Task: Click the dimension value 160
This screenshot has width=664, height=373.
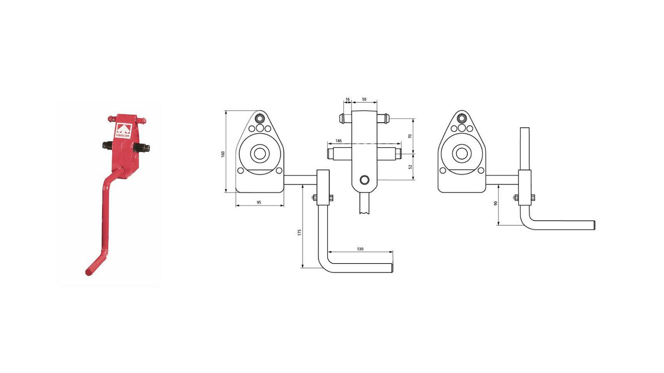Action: coord(223,154)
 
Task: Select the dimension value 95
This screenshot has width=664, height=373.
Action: coord(259,203)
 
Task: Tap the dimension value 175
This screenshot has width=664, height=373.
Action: coord(299,233)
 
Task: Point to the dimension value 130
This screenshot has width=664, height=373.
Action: coord(360,249)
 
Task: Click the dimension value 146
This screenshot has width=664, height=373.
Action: coord(338,140)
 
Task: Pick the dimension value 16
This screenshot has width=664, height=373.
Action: coord(348,99)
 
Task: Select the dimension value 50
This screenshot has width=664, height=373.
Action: coord(364,99)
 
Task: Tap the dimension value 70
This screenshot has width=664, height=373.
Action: coord(410,136)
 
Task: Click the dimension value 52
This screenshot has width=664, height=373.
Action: coord(410,167)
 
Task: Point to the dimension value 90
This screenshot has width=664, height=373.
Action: coord(496,203)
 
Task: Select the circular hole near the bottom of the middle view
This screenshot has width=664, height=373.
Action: coord(364,179)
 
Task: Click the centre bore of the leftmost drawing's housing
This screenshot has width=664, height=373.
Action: coord(260,154)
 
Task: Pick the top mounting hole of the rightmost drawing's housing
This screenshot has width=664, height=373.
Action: coord(461,119)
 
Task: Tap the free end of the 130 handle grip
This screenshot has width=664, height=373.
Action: coord(392,268)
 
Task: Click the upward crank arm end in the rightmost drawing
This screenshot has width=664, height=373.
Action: coord(525,128)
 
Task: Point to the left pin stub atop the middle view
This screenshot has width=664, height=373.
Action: coord(345,119)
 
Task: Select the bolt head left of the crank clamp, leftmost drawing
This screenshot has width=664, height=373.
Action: coord(314,197)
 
